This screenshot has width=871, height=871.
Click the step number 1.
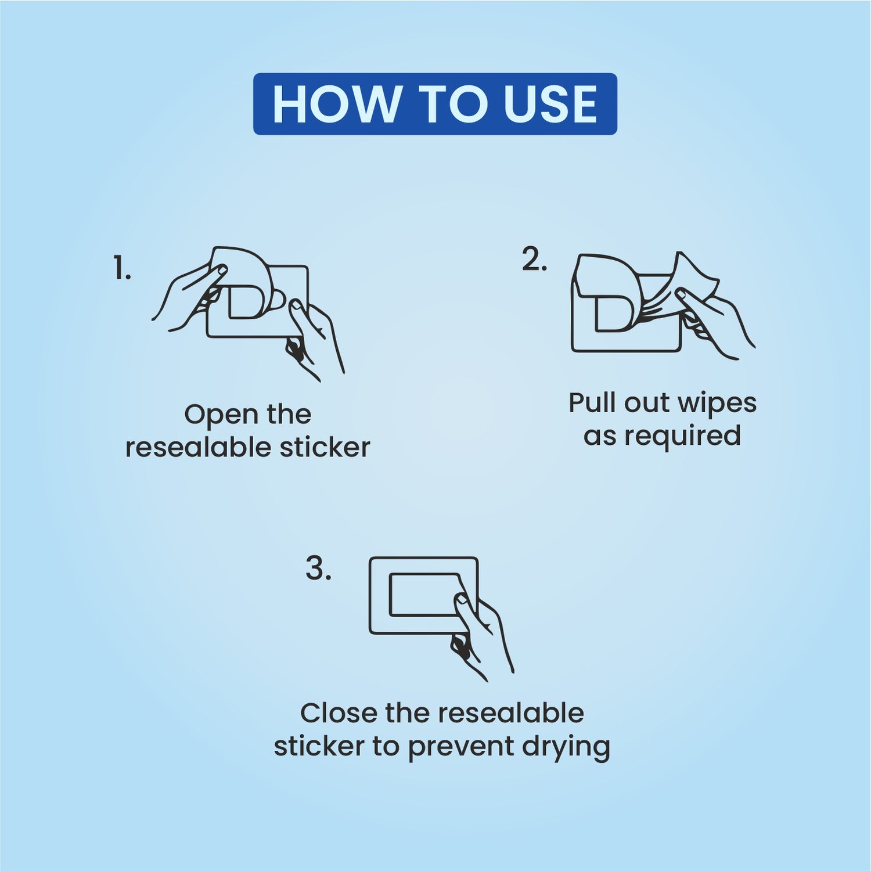pos(122,269)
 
